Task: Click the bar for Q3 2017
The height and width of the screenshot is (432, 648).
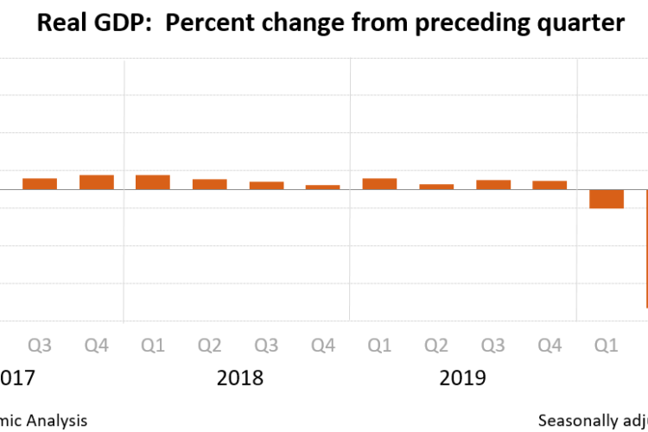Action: pos(40,184)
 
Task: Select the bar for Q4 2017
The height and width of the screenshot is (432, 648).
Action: pos(97,182)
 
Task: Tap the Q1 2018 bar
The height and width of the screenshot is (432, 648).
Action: pos(153,182)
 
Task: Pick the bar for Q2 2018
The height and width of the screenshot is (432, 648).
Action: pos(210,184)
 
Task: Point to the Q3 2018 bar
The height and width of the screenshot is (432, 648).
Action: pos(266,186)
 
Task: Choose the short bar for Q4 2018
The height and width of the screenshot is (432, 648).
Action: pos(323,187)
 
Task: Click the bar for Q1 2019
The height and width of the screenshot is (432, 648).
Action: pos(379,184)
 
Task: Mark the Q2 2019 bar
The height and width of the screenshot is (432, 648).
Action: pos(436,187)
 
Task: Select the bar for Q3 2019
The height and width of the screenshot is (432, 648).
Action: pos(493,185)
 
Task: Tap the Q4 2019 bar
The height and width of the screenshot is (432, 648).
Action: pos(550,185)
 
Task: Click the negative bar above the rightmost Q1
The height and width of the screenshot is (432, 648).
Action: pos(607,199)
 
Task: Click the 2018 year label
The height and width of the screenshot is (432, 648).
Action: pos(239,378)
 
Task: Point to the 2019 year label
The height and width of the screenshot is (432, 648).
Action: pos(463,378)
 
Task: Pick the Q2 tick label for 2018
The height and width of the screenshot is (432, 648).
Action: pos(210,346)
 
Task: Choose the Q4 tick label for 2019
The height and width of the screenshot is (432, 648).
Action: pos(550,346)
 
